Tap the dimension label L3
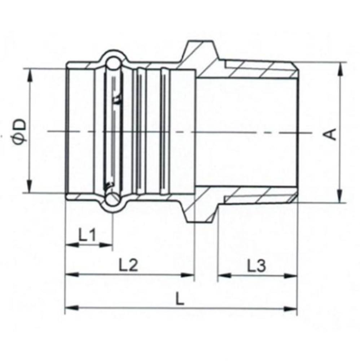[x=256, y=266]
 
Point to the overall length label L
[x=178, y=299]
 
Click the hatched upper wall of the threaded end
[x=260, y=70]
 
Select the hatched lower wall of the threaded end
[x=260, y=197]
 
